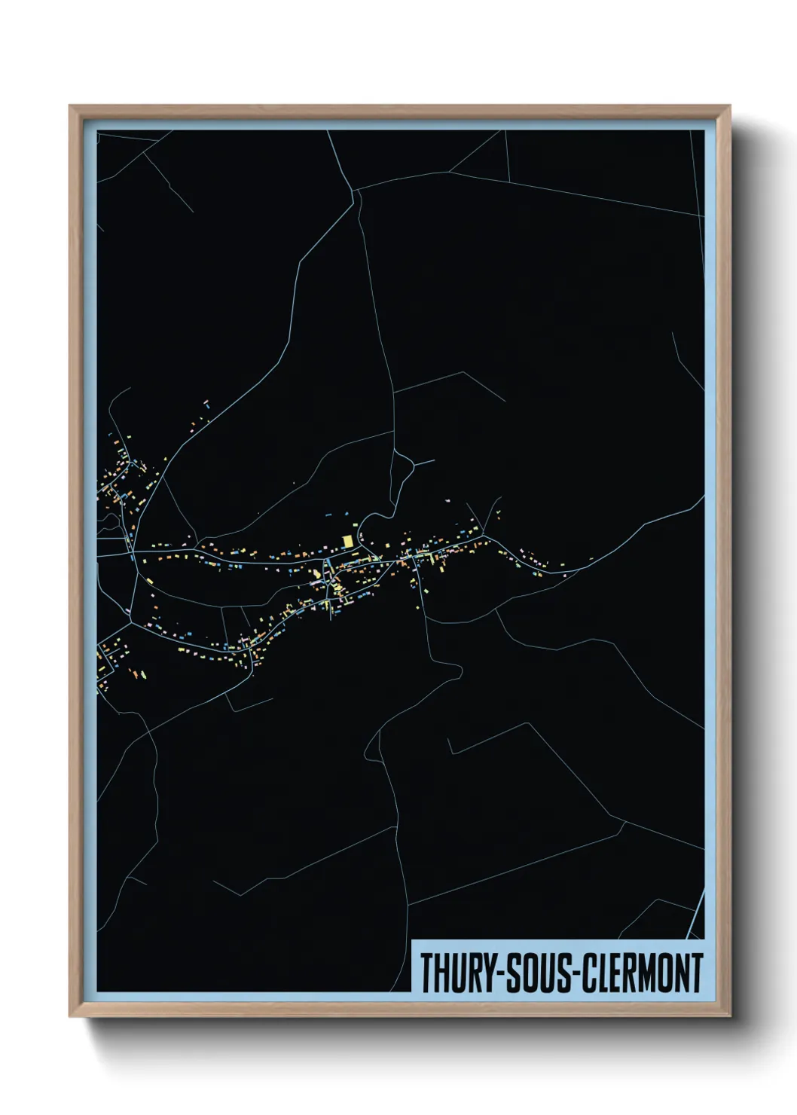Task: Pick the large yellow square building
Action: click(347, 541)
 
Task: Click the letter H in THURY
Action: click(441, 973)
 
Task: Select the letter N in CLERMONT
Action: click(679, 973)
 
